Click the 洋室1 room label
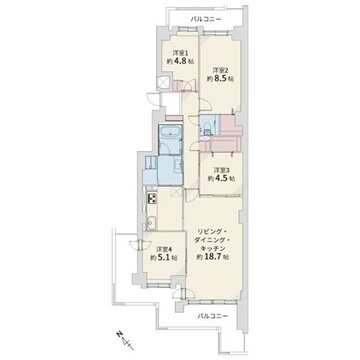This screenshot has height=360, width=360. click(180, 53)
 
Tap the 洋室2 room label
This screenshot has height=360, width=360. click(221, 70)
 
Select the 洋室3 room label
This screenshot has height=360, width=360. click(221, 170)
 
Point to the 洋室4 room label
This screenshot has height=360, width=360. click(164, 249)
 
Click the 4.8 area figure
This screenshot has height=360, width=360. click(180, 61)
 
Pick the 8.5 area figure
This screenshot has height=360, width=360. click(221, 79)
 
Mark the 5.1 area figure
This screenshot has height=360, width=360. click(164, 258)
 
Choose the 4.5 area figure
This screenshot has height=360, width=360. click(221, 178)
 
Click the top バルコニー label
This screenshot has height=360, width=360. click(206, 20)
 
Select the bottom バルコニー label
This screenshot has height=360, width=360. click(212, 316)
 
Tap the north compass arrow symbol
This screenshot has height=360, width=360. click(125, 340)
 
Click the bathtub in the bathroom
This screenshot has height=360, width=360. click(170, 135)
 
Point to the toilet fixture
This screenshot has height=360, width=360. click(207, 126)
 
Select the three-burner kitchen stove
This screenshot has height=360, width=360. click(152, 199)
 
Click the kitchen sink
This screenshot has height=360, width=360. click(151, 223)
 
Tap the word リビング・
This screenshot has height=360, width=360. click(212, 232)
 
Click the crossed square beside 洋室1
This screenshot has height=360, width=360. click(164, 82)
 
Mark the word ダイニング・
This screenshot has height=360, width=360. click(212, 240)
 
